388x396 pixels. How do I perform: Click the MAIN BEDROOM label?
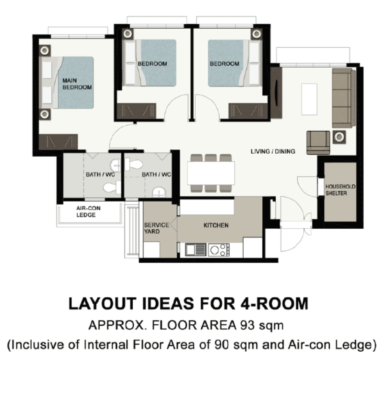(x=77, y=84)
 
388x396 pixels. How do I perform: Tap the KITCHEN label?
(x=216, y=225)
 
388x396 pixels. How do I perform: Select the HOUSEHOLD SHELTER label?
(x=340, y=190)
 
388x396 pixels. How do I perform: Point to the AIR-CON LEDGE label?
(x=88, y=212)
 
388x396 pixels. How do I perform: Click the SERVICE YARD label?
(x=156, y=228)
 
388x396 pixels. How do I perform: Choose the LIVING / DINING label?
(x=273, y=151)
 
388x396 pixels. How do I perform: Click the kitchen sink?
(x=195, y=250)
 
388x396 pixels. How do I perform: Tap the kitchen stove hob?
(x=219, y=250)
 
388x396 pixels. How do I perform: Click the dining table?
(x=211, y=173)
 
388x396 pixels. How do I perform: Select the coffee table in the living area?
(x=309, y=99)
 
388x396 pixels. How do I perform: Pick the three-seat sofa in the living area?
(x=344, y=98)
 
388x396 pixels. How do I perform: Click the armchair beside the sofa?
(x=318, y=143)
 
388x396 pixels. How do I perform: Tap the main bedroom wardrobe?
(x=58, y=142)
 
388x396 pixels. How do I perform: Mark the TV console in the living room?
(x=276, y=93)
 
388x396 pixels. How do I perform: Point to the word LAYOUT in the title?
(x=102, y=303)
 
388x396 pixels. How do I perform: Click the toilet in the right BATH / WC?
(x=133, y=164)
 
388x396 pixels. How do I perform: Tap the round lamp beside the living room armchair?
(x=339, y=137)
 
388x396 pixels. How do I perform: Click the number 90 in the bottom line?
(x=221, y=345)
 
